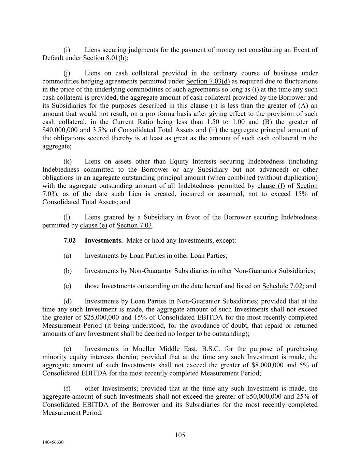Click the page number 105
[x=180, y=435]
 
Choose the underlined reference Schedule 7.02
[x=282, y=286]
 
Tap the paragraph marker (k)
[x=68, y=161]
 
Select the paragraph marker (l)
[x=67, y=217]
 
